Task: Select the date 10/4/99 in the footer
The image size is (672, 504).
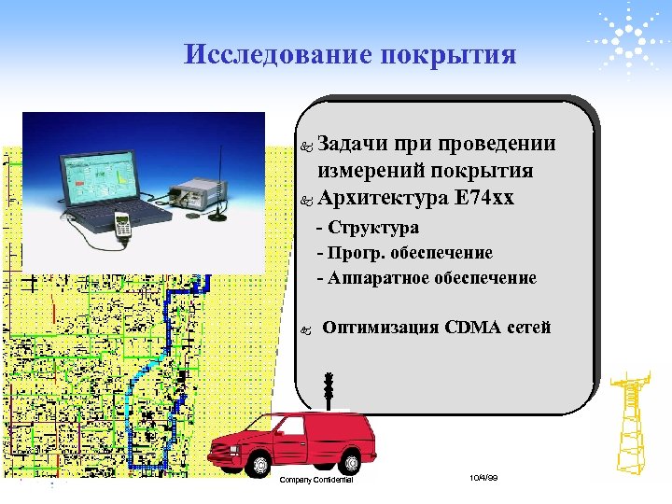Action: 484,478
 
